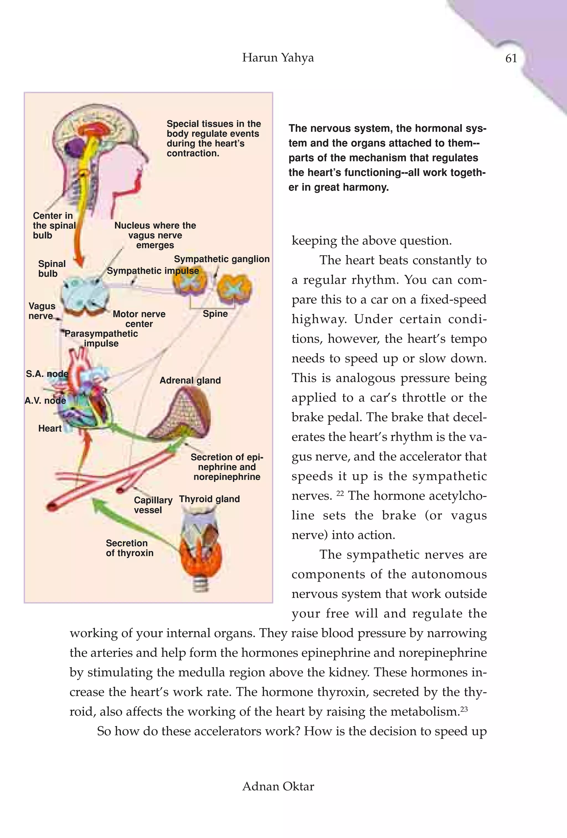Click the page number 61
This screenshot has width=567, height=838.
point(511,58)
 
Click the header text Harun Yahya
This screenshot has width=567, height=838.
point(278,58)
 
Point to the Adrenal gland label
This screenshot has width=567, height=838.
point(190,381)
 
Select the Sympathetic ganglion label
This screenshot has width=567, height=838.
point(221,259)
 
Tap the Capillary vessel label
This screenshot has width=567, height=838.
point(153,505)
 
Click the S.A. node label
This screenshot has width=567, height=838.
point(47,374)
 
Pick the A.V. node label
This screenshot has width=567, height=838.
point(45,401)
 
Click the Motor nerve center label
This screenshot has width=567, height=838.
point(139,319)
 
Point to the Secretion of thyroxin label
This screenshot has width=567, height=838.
point(129,548)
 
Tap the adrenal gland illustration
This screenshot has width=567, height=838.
point(180,415)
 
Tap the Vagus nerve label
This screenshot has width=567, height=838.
point(42,311)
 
